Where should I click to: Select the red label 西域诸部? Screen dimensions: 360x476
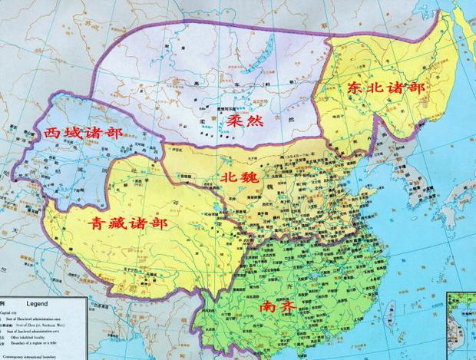(84, 134)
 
